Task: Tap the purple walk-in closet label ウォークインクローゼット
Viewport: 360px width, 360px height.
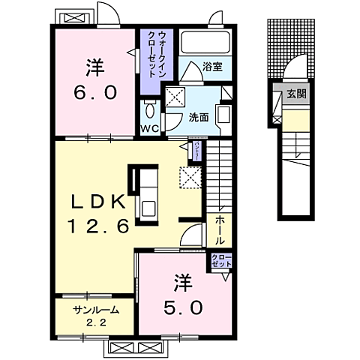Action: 156,54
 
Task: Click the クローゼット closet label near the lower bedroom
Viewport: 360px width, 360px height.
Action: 222,262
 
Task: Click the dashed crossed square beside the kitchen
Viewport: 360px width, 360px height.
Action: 190,178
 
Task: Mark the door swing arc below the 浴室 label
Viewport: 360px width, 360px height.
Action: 191,70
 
